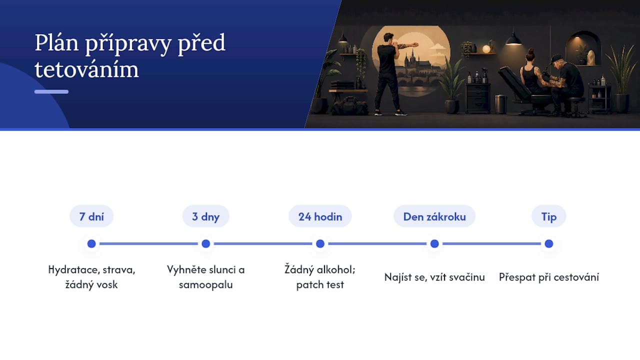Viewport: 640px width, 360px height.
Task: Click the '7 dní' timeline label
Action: point(91,216)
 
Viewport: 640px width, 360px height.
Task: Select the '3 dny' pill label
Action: point(205,216)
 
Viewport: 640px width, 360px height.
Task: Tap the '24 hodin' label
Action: point(320,216)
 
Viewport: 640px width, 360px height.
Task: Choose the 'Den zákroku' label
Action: point(434,216)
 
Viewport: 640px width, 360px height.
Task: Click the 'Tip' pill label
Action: point(549,216)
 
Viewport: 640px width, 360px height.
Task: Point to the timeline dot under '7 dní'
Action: point(91,243)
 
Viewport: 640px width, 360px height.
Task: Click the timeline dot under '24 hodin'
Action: point(320,243)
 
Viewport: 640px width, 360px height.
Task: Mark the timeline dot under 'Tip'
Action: point(549,243)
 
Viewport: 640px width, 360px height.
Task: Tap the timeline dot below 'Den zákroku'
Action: point(434,243)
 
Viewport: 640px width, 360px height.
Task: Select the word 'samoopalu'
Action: point(205,285)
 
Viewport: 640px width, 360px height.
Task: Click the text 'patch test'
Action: point(320,285)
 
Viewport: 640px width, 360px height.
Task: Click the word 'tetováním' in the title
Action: point(86,69)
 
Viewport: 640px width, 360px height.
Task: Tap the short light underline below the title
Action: point(51,91)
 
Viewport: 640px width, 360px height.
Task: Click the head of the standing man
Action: point(388,37)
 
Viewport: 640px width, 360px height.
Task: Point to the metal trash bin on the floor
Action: point(501,104)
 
